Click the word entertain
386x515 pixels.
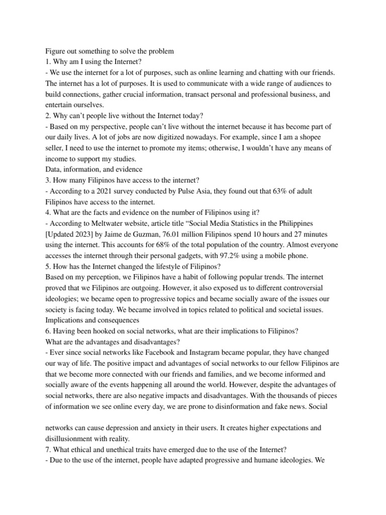pyautogui.click(x=59, y=105)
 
